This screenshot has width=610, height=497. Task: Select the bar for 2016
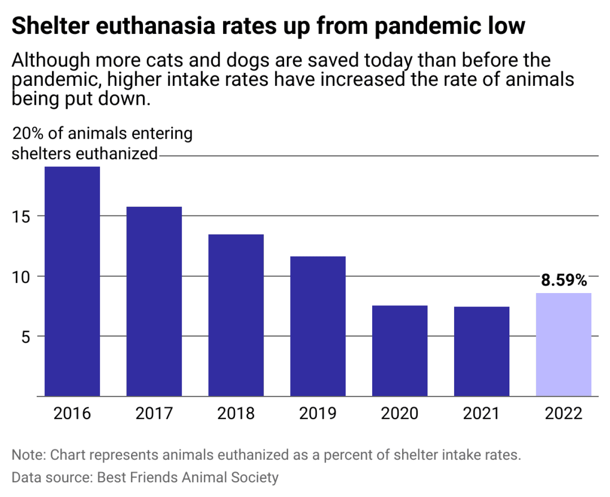point(72,281)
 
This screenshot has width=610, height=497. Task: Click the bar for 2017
point(154,301)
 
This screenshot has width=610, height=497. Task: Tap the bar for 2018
point(236,315)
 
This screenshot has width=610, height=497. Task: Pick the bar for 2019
point(318,326)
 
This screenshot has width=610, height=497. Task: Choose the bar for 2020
point(400,351)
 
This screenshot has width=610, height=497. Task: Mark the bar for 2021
point(482,351)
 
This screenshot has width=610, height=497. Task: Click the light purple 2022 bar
point(564,345)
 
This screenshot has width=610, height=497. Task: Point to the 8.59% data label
point(564,280)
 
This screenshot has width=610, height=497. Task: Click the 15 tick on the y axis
point(21,217)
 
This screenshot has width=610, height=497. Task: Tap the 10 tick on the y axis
point(21,277)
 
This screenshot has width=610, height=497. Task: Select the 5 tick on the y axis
point(26,337)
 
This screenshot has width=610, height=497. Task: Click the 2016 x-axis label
point(72,413)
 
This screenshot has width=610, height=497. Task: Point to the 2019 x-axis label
point(318,413)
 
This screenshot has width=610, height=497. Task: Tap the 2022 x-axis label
point(564,413)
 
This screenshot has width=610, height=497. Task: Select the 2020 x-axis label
point(400,413)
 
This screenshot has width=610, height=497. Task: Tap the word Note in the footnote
point(28,455)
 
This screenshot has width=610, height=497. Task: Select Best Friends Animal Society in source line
point(188,477)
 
